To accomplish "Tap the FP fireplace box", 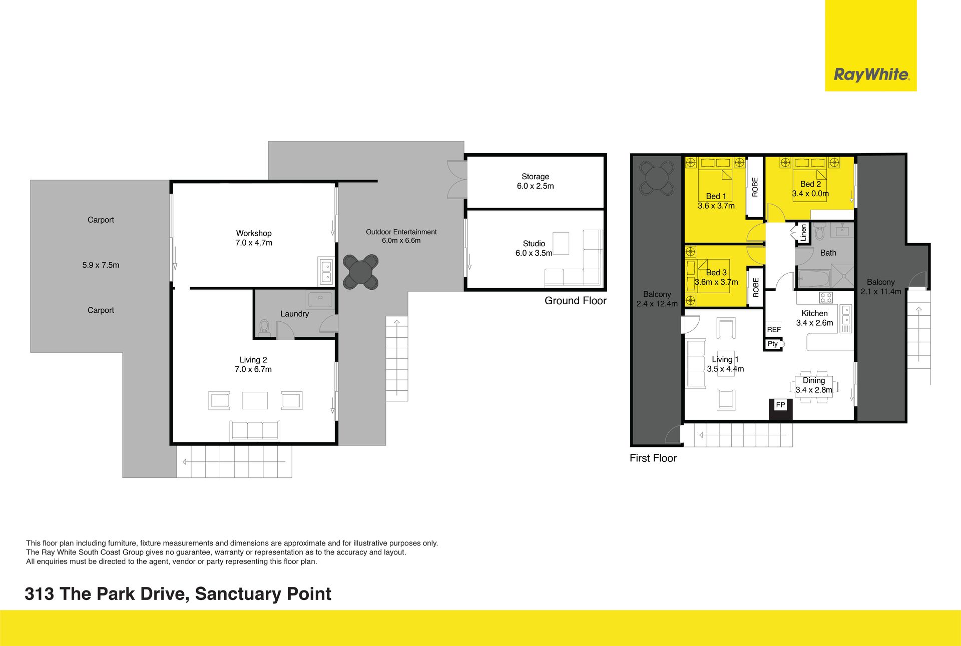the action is coord(781,410).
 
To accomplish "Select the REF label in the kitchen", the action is coord(774,330).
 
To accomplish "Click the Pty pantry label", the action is coord(773,344).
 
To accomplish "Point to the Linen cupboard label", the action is coord(803,233).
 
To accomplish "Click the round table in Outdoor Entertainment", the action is coord(360,272).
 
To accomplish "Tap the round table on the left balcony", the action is coord(656,178).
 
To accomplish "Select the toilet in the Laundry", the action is coord(264,327).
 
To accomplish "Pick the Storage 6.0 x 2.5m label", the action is coord(535,181).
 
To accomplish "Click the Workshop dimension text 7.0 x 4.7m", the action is coord(254,243).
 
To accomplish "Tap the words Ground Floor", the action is coord(575,301).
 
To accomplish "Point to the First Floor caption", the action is coord(653,458).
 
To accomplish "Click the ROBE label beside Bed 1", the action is coord(755,187).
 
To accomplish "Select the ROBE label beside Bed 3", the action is coord(755,288).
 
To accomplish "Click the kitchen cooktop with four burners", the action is coord(826,298).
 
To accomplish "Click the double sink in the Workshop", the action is coord(326,271).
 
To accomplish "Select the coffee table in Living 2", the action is coord(255,400).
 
